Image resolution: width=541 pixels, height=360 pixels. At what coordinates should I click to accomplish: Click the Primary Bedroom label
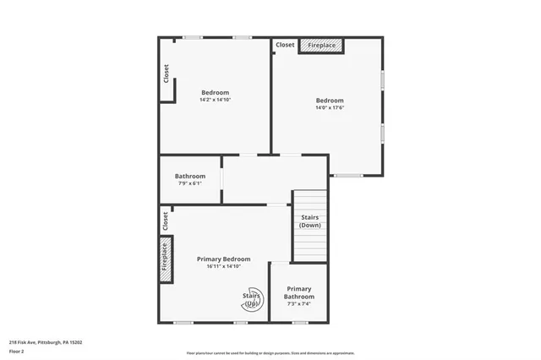[x=224, y=259]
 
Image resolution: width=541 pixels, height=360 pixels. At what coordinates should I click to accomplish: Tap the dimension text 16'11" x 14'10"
[x=224, y=266]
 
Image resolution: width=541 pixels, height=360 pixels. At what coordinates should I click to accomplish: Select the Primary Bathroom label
[x=299, y=292]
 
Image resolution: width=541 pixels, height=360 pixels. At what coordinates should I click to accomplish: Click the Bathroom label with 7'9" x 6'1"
[x=190, y=176]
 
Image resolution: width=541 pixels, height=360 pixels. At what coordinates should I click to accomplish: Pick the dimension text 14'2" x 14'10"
[x=215, y=100]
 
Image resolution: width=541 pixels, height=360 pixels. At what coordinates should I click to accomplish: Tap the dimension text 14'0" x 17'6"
[x=330, y=107]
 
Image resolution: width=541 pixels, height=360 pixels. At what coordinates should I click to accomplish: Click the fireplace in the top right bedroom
[x=321, y=45]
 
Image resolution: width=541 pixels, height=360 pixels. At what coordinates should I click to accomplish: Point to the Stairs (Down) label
[x=310, y=221]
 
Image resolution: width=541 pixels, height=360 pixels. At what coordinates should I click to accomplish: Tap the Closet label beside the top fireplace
[x=285, y=45]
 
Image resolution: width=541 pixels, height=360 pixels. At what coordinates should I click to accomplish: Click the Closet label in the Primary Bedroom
[x=165, y=221]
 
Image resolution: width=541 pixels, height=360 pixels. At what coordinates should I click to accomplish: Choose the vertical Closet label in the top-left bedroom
[x=167, y=74]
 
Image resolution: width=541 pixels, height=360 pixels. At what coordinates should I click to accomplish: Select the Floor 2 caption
[x=17, y=351]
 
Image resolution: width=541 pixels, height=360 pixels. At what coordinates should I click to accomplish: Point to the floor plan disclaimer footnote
[x=270, y=353]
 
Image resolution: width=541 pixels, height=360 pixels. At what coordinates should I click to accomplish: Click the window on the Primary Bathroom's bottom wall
[x=299, y=322]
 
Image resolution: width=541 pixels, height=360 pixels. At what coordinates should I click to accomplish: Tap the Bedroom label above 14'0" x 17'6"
[x=330, y=100]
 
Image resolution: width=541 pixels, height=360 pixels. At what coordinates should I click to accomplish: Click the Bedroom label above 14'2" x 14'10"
[x=215, y=92]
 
